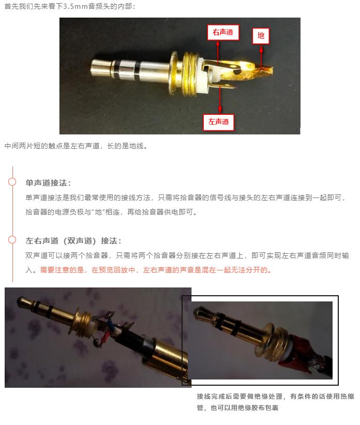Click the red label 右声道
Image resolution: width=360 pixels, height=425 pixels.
point(223,32)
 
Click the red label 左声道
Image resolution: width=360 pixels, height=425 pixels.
point(218,122)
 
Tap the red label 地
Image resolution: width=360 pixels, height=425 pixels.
point(261,35)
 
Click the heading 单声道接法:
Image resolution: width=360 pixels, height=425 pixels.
point(48,183)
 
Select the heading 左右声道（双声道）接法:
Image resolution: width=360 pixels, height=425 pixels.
point(73,241)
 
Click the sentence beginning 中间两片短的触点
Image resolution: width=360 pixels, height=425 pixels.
point(76,146)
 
